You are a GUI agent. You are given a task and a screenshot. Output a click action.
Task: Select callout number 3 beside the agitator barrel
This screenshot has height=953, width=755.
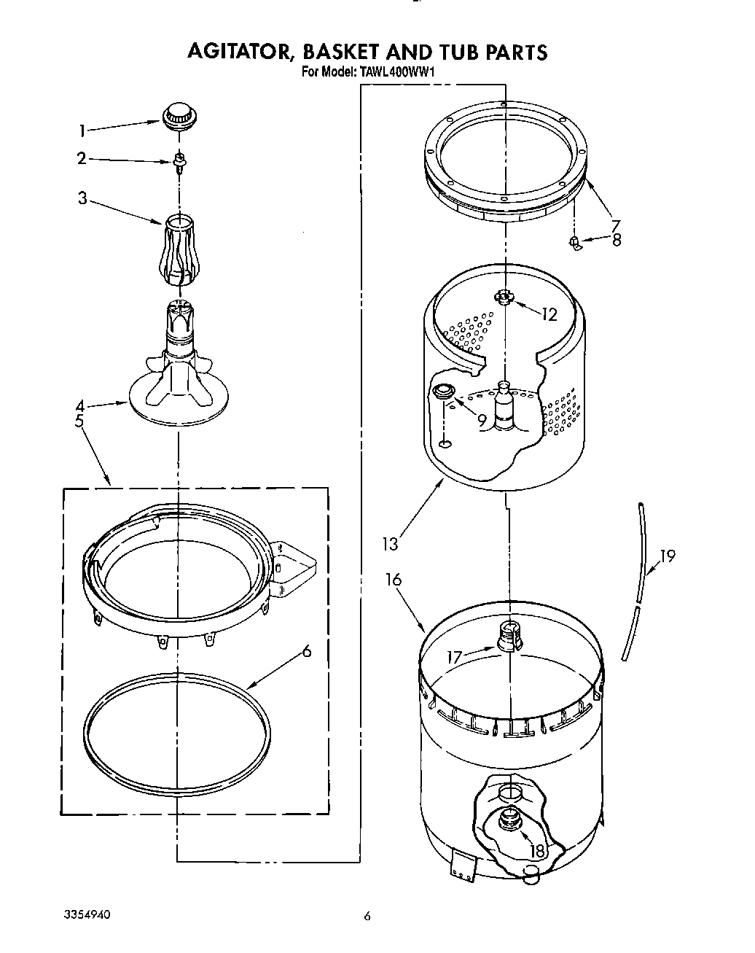pos(82,198)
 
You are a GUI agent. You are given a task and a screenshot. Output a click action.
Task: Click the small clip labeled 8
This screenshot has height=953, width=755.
pos(576,242)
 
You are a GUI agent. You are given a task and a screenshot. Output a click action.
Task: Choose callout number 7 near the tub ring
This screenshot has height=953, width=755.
pos(616,225)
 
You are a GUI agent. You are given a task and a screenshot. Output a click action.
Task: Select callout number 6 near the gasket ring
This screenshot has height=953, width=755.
pos(307,651)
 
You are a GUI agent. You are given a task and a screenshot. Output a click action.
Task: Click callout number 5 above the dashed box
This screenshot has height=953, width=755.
pos(79,421)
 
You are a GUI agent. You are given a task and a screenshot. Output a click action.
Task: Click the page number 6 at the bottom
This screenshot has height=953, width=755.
pos(367,917)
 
